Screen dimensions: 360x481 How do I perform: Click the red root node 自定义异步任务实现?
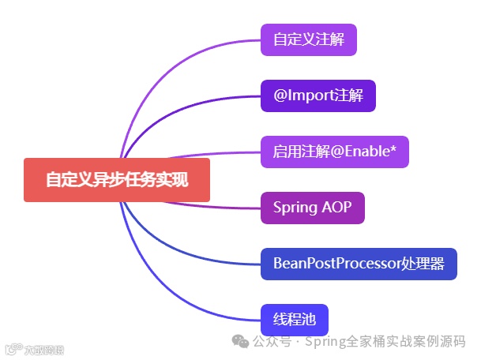[x=117, y=180]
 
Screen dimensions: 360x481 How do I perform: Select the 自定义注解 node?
[x=309, y=39]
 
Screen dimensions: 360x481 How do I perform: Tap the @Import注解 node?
[x=318, y=96]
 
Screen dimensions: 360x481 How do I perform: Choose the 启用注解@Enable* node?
[x=335, y=152]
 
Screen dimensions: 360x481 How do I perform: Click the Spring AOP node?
[x=312, y=208]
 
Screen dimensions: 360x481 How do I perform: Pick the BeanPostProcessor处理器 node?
[x=359, y=264]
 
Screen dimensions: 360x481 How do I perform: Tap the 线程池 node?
[x=294, y=320]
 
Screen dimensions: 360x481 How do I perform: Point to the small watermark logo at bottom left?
[x=12, y=349]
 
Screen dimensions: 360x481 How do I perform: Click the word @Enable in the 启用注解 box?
[x=360, y=152]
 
